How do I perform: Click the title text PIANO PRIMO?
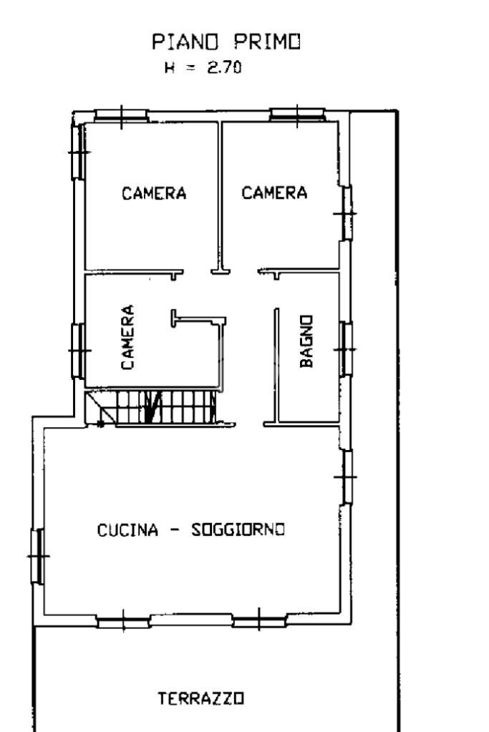pyautogui.click(x=227, y=44)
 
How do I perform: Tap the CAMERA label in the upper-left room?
pyautogui.click(x=154, y=193)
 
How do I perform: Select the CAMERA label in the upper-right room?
pyautogui.click(x=274, y=192)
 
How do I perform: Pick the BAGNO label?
pyautogui.click(x=306, y=341)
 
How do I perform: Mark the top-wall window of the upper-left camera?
pyautogui.click(x=121, y=114)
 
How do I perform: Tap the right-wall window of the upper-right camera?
pyautogui.click(x=347, y=213)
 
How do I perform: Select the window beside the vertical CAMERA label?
pyautogui.click(x=79, y=350)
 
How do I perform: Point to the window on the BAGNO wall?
pyautogui.click(x=347, y=348)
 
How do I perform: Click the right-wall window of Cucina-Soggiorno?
pyautogui.click(x=347, y=476)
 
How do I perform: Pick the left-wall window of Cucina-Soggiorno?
pyautogui.click(x=38, y=555)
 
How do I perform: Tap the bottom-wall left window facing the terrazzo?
pyautogui.click(x=123, y=620)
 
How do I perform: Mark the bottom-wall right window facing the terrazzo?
pyautogui.click(x=259, y=620)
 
